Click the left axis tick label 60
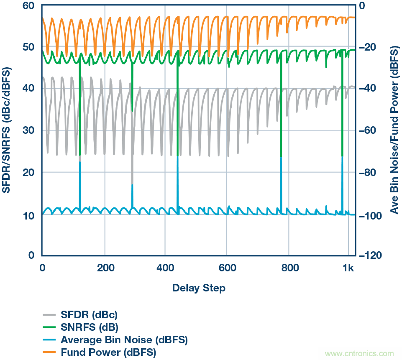coord(30,5)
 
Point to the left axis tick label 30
coord(30,130)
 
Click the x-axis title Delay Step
coord(199,288)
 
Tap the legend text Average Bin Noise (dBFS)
coord(124,339)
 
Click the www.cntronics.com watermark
coord(359,353)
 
